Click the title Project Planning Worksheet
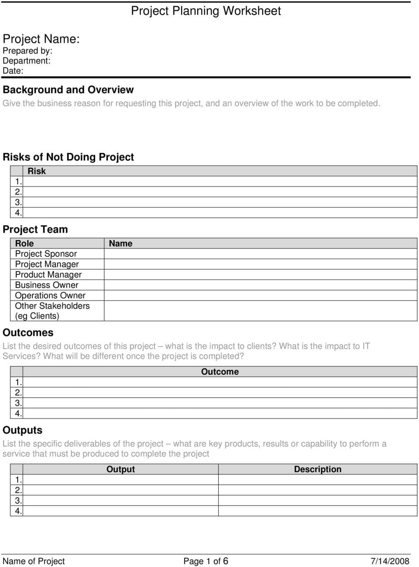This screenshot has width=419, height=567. (x=206, y=11)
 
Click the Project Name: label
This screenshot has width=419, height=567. (x=41, y=39)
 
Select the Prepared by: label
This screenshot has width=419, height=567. (x=27, y=51)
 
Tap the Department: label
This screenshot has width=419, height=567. (x=26, y=61)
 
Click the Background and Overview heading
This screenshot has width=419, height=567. (x=68, y=90)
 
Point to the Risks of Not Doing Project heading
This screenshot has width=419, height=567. (x=68, y=157)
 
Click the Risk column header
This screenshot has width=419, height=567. (x=37, y=171)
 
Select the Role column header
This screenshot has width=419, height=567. (x=24, y=243)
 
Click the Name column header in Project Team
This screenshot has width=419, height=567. (x=120, y=243)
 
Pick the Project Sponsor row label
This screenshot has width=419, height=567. (x=46, y=254)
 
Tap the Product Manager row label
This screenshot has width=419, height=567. (x=48, y=275)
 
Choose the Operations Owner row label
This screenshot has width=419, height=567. (x=50, y=296)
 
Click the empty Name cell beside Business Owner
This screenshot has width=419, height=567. (x=260, y=285)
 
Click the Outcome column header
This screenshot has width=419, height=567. (x=220, y=372)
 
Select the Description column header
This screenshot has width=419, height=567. (x=318, y=469)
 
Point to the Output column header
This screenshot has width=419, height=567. (x=120, y=469)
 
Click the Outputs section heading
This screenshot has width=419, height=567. (x=23, y=430)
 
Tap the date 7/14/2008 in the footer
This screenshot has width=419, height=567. (x=390, y=561)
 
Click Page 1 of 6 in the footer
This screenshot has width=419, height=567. (x=206, y=561)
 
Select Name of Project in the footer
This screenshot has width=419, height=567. (x=34, y=561)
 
